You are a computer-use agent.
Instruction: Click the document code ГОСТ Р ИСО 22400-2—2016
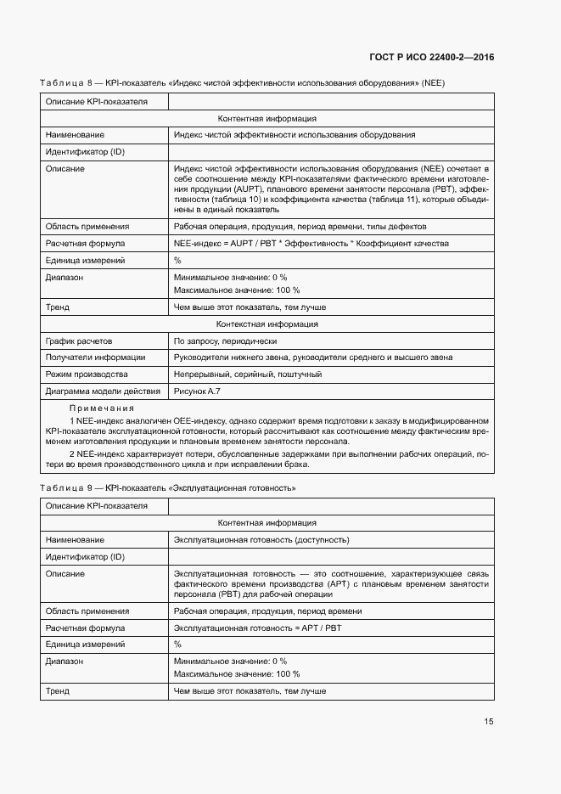pyautogui.click(x=431, y=58)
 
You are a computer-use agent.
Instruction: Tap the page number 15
pyautogui.click(x=488, y=722)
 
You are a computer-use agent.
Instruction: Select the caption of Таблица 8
pyautogui.click(x=242, y=82)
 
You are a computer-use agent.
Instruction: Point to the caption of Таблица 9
pyautogui.click(x=168, y=488)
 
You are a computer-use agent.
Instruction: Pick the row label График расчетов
pyautogui.click(x=79, y=341)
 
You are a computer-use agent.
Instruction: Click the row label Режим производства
pyautogui.click(x=86, y=374)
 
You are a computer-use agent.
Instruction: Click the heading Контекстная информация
pyautogui.click(x=267, y=324)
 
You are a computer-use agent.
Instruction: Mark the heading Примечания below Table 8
pyautogui.click(x=102, y=408)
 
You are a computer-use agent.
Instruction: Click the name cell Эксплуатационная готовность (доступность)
pyautogui.click(x=261, y=540)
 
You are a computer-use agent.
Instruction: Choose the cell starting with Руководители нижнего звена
pyautogui.click(x=312, y=358)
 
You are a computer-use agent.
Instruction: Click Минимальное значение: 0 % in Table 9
pyautogui.click(x=230, y=661)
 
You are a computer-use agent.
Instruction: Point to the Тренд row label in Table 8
pyautogui.click(x=58, y=307)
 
